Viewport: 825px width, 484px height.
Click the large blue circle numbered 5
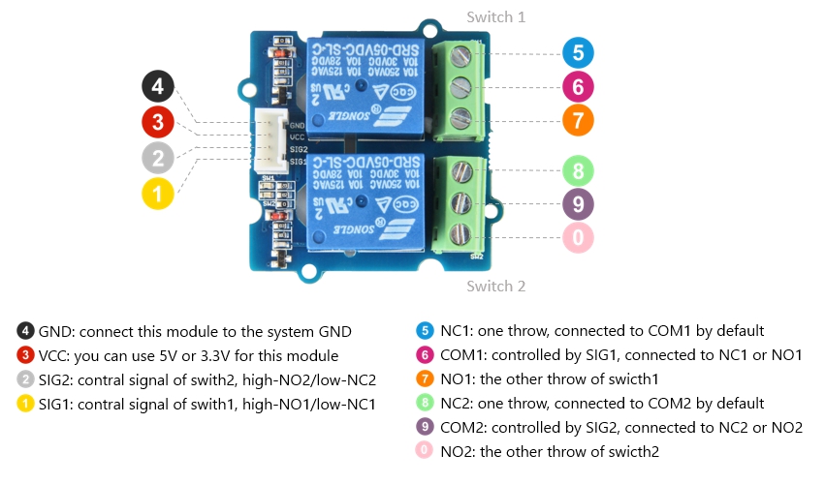pyautogui.click(x=578, y=53)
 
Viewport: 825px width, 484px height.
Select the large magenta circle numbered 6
pyautogui.click(x=578, y=87)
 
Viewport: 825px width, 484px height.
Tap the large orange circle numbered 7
pyautogui.click(x=578, y=121)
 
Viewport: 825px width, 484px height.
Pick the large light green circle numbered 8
pyautogui.click(x=578, y=171)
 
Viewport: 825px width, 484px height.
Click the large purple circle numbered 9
pyautogui.click(x=578, y=204)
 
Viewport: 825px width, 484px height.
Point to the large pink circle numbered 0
pyautogui.click(x=578, y=237)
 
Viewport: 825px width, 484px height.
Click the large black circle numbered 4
pyautogui.click(x=158, y=87)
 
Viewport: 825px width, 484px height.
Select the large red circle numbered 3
pyautogui.click(x=158, y=122)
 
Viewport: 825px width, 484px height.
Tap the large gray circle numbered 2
pyautogui.click(x=158, y=157)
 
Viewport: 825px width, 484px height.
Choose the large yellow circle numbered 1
pyautogui.click(x=158, y=193)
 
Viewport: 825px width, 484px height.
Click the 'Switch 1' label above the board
pyautogui.click(x=495, y=17)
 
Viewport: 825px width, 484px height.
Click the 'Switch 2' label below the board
pyautogui.click(x=495, y=287)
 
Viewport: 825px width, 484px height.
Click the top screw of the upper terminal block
pyautogui.click(x=461, y=53)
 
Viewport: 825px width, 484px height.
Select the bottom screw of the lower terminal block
pyautogui.click(x=461, y=233)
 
